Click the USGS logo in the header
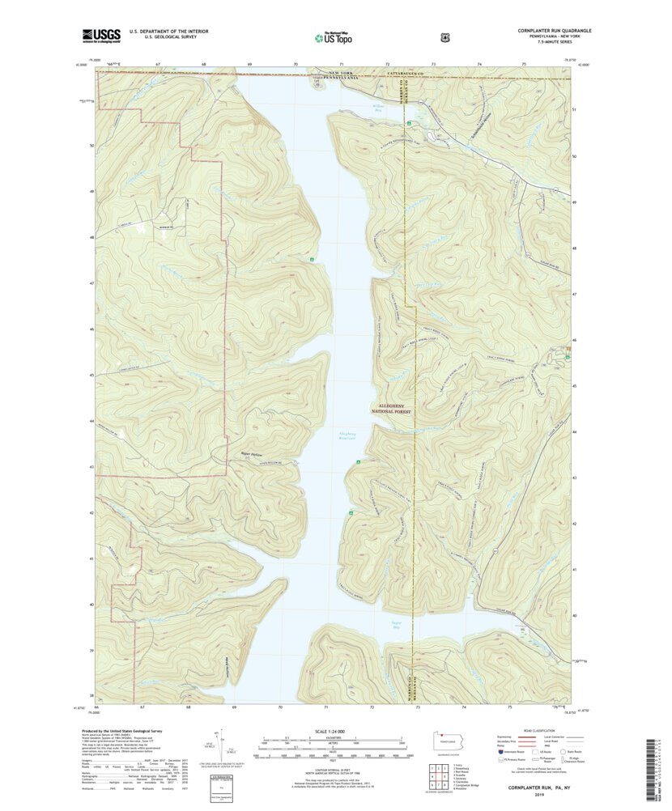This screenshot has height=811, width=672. [100, 35]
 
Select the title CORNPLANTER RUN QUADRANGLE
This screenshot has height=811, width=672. [555, 30]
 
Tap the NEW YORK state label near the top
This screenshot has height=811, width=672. [342, 74]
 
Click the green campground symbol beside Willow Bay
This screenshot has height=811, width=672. [410, 122]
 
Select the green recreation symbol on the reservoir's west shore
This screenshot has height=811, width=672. [313, 259]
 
